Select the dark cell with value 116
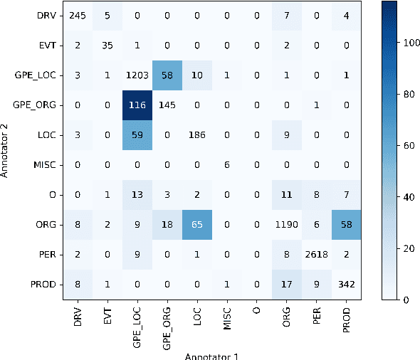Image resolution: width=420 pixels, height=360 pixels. tap(135, 105)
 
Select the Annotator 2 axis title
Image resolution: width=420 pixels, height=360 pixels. tap(6, 150)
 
